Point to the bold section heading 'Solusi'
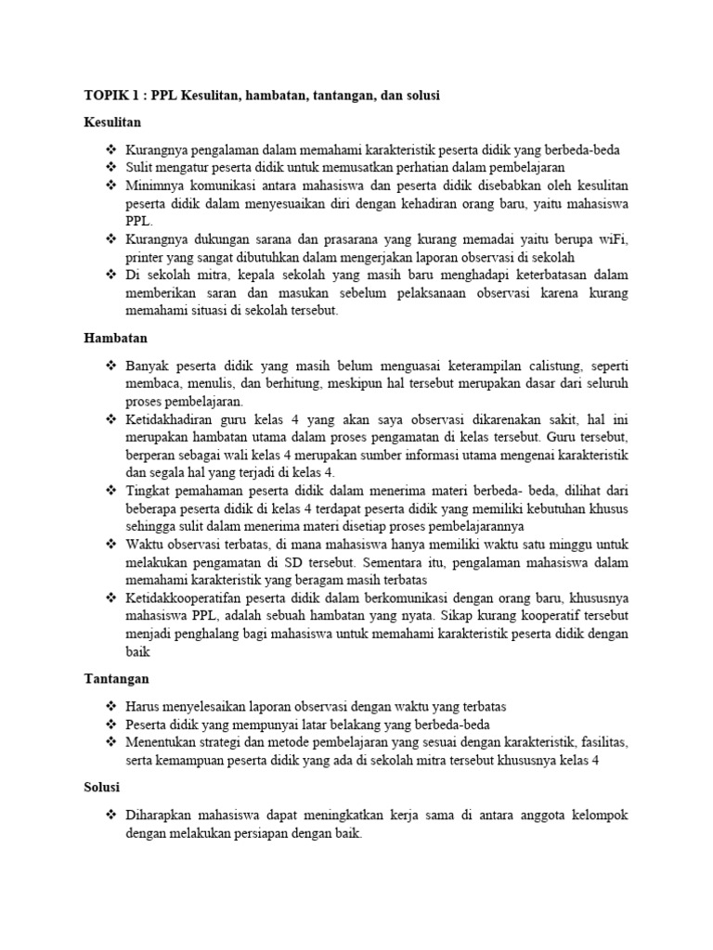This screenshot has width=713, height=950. point(102,787)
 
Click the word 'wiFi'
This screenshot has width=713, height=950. point(612,239)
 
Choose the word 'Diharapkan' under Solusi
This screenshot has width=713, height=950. point(159,815)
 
